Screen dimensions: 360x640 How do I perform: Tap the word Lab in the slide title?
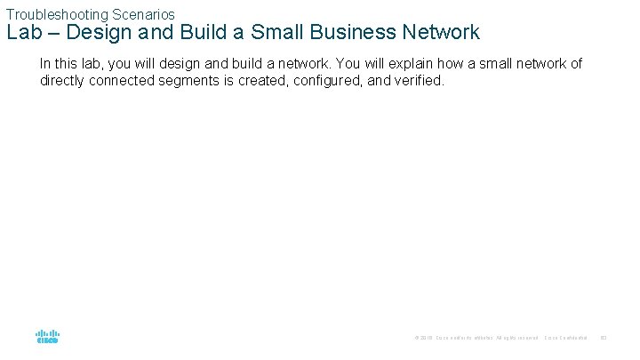(24, 33)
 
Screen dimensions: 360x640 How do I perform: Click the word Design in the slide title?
(113, 33)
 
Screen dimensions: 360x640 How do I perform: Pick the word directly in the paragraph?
(64, 81)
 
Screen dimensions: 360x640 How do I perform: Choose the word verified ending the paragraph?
(418, 81)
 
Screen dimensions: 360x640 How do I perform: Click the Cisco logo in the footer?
(48, 337)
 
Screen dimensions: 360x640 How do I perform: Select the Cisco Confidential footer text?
(565, 338)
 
